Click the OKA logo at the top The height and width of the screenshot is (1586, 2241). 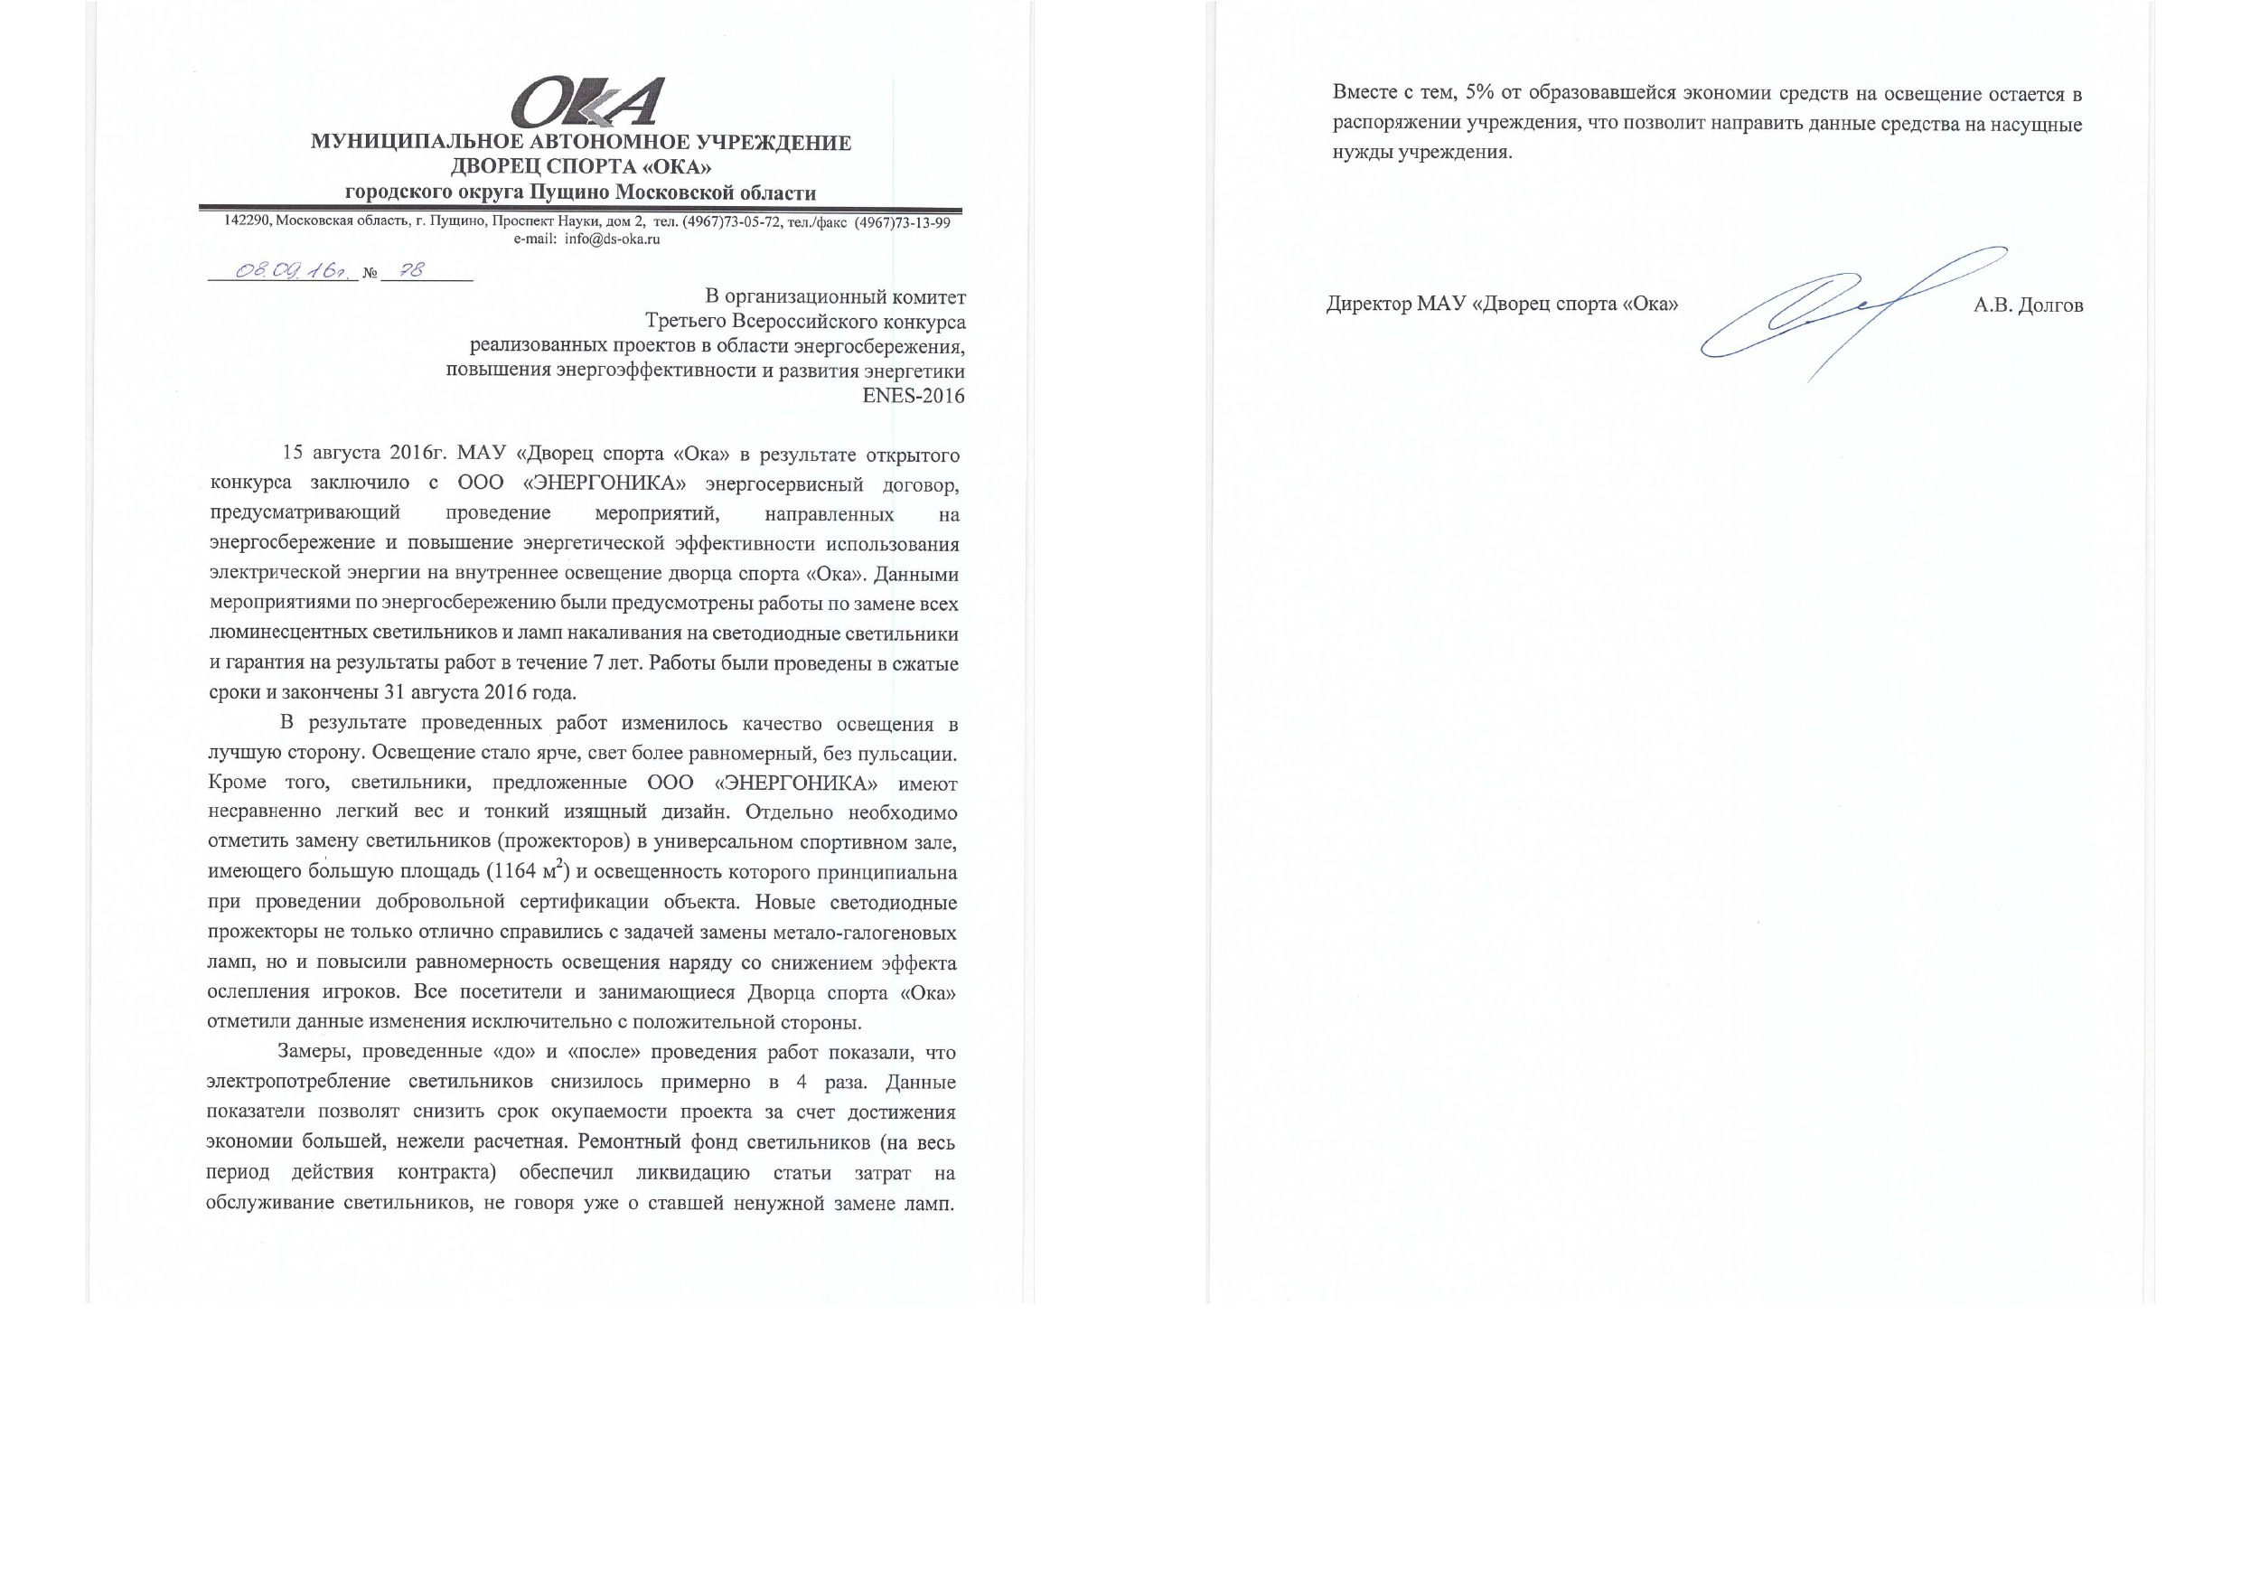(x=588, y=102)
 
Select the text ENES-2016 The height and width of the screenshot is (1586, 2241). (x=913, y=397)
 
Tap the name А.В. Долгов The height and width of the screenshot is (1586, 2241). (x=2028, y=305)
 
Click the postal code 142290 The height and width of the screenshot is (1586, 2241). (x=248, y=221)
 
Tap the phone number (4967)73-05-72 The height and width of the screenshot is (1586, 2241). (x=730, y=222)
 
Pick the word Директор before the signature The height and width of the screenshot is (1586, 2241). (x=1368, y=305)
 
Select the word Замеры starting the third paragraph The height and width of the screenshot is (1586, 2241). (x=310, y=1053)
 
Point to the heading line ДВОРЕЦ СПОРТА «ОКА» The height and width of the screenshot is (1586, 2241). (x=580, y=168)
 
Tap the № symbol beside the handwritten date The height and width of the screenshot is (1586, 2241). (x=370, y=275)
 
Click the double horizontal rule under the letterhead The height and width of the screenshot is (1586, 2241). (x=580, y=209)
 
